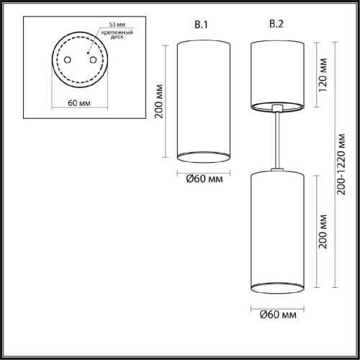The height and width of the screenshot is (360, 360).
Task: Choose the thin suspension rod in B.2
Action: [276, 140]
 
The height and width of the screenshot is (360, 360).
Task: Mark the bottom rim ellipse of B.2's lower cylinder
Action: [276, 289]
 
